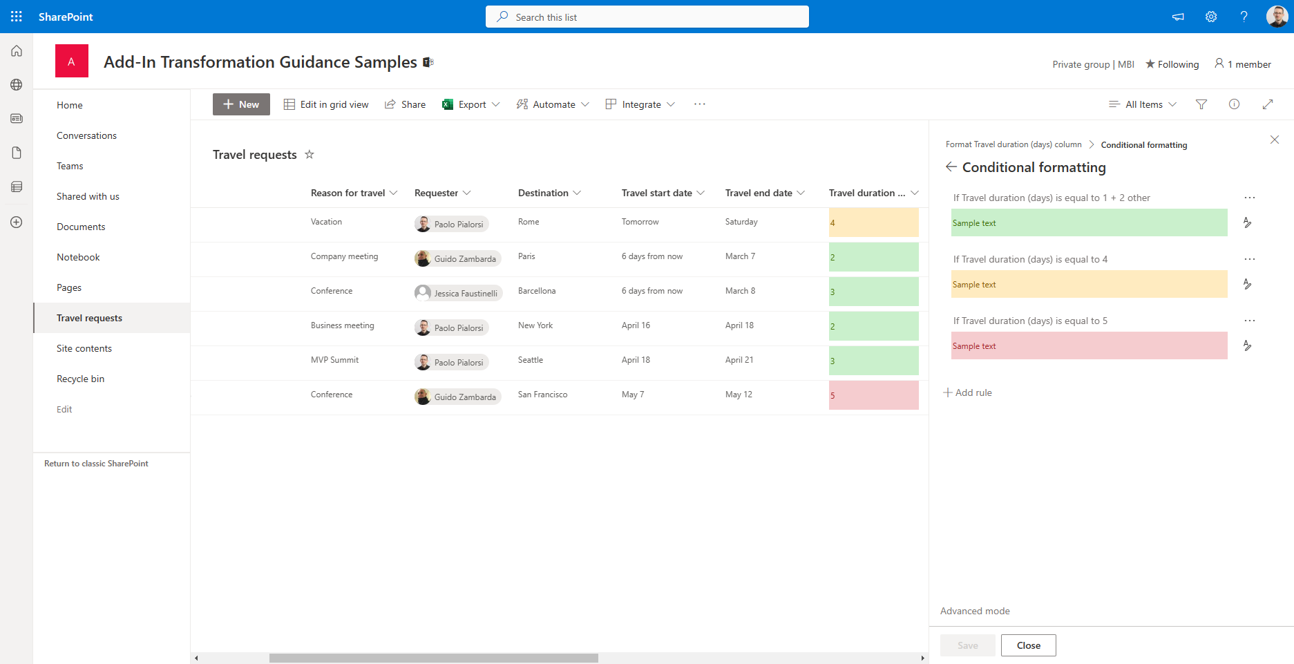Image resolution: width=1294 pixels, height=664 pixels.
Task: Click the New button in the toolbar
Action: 241,104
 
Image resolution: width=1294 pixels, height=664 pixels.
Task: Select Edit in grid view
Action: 326,104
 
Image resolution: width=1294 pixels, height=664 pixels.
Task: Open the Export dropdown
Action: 471,104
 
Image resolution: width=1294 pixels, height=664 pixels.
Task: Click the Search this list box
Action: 647,17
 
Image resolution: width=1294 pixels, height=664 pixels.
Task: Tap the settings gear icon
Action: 1211,17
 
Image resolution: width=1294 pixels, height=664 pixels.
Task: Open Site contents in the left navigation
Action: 84,348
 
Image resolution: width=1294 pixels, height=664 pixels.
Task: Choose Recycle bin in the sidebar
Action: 81,379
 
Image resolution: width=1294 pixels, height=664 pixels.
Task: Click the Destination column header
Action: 544,193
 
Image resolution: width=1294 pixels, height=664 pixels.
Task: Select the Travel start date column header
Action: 657,193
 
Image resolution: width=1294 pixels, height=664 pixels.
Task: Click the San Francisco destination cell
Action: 543,395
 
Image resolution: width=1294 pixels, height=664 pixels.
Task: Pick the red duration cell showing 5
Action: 873,395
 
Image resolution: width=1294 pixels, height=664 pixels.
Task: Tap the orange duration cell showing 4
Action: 873,222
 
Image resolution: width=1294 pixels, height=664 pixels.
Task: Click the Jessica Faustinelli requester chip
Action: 458,293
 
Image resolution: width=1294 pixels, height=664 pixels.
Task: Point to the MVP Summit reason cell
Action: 335,360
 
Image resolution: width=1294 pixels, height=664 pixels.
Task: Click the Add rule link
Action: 968,392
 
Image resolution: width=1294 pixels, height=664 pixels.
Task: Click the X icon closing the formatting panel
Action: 1275,140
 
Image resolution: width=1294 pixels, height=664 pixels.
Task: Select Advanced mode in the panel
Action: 975,611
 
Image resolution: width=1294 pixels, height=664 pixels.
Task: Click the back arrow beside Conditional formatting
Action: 951,167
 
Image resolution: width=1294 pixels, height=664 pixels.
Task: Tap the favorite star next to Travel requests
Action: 310,154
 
